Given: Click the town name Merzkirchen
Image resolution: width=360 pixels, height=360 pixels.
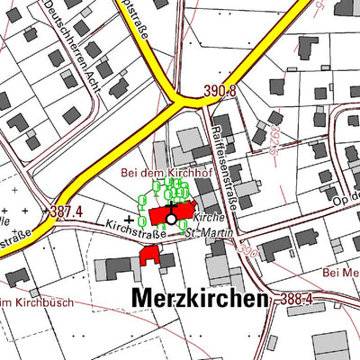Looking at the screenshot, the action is [201, 298].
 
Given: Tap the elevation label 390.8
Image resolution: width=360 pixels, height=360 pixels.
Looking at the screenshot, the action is [219, 92].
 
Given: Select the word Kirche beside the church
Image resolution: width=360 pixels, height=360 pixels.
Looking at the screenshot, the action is [208, 218].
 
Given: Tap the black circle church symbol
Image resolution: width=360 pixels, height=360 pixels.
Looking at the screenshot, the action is [171, 218].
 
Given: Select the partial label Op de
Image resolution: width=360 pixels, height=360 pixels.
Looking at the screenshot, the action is [346, 193].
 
